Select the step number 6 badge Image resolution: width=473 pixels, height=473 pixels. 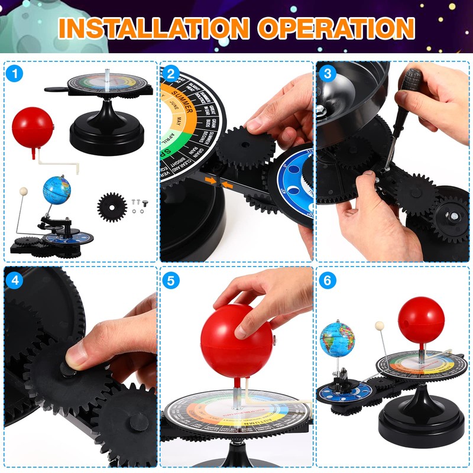[x=327, y=280]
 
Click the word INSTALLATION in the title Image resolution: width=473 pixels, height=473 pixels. [x=152, y=28]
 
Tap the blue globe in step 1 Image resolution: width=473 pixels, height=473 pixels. [x=57, y=189]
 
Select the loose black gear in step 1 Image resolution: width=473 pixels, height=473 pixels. [x=112, y=207]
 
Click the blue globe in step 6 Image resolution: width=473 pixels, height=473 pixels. [x=336, y=340]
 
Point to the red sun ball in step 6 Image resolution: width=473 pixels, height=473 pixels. [x=420, y=319]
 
